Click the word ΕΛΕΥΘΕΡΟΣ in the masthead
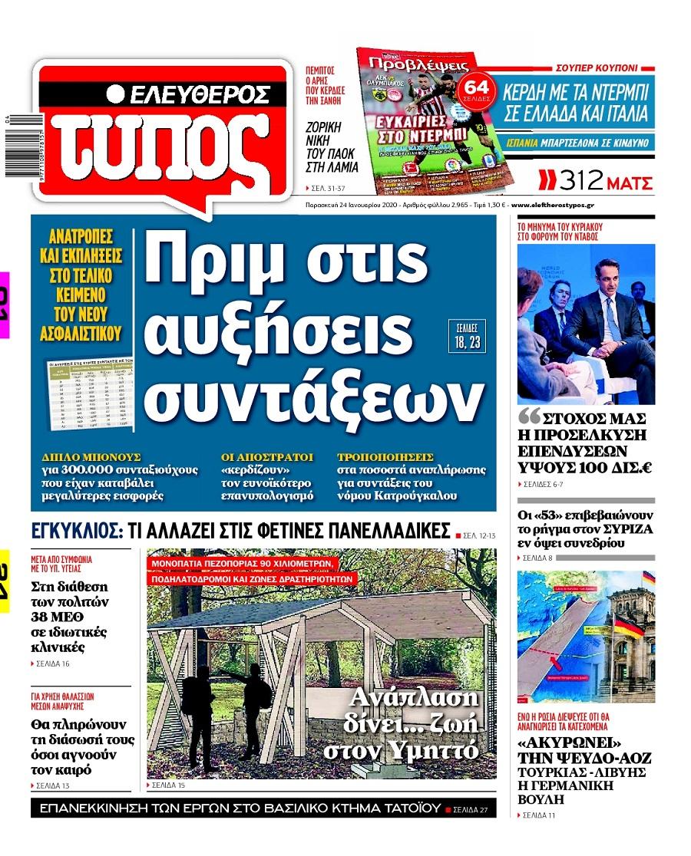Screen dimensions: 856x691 point(198,94)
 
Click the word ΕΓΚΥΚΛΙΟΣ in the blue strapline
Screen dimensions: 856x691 point(75,531)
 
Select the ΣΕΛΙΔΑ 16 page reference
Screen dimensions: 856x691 point(53,664)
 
